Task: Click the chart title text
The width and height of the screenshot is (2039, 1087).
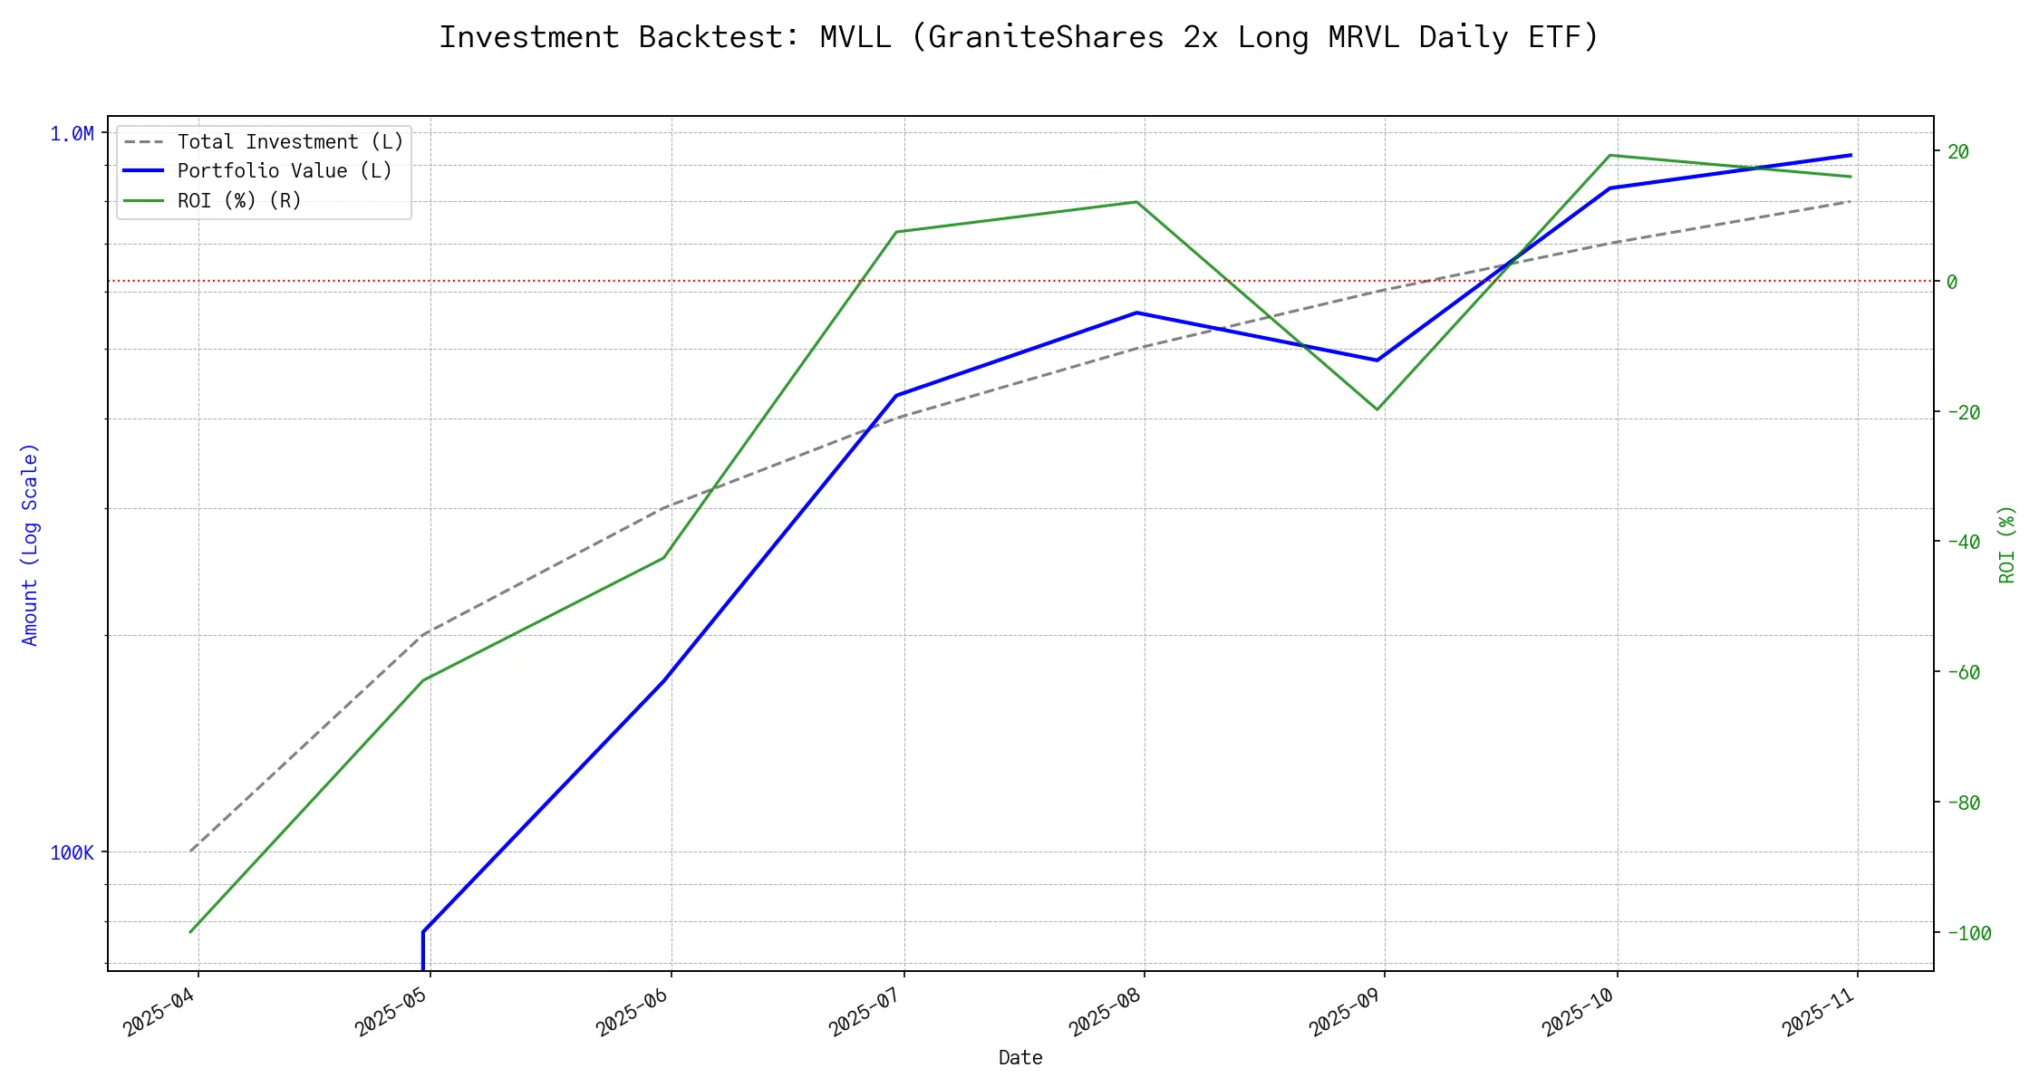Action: (x=1019, y=37)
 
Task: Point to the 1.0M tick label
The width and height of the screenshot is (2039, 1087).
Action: (x=72, y=134)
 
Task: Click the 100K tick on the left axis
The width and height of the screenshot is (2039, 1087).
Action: (x=72, y=852)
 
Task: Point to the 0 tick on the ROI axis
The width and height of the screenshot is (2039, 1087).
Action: (x=1952, y=282)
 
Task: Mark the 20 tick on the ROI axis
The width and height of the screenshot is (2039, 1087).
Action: (x=1958, y=151)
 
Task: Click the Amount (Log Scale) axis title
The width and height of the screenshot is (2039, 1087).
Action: (x=30, y=543)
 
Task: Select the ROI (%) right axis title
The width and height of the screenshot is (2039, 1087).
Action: (x=2007, y=543)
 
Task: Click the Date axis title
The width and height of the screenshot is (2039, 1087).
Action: (x=1020, y=1057)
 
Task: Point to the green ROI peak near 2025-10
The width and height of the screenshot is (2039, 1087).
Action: (x=1609, y=155)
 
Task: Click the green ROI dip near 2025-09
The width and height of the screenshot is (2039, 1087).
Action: (x=1377, y=409)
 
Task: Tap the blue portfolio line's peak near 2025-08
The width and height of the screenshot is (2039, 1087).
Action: (x=1137, y=313)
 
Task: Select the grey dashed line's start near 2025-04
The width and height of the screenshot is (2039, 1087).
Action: (x=191, y=851)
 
